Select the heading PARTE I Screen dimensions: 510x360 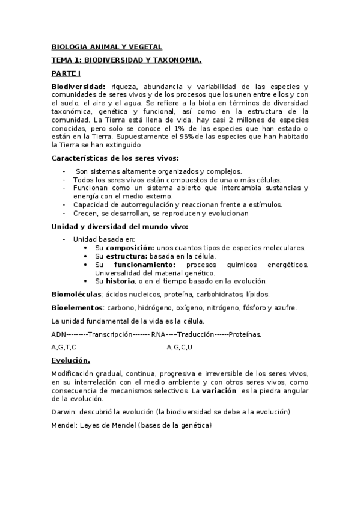66,73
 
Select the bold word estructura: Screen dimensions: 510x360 128,256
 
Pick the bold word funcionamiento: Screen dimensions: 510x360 145,265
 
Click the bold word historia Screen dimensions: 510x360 120,281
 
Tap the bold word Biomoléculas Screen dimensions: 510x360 76,295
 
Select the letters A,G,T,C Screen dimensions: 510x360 64,347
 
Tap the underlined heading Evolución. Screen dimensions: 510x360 70,360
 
